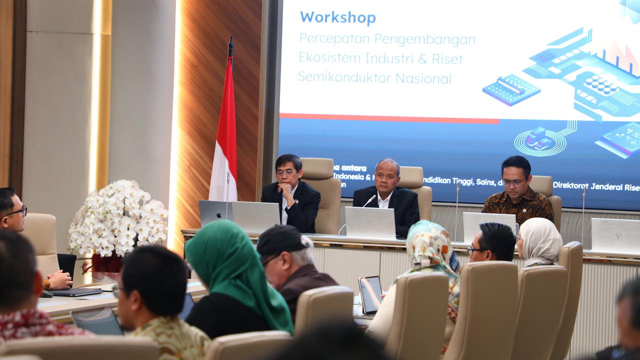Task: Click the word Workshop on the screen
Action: [x=337, y=17]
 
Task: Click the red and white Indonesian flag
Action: [x=224, y=135]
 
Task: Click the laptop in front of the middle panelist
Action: [x=370, y=223]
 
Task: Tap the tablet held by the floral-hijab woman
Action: [x=370, y=294]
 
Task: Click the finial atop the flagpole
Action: [x=230, y=46]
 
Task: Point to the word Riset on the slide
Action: [x=446, y=58]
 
